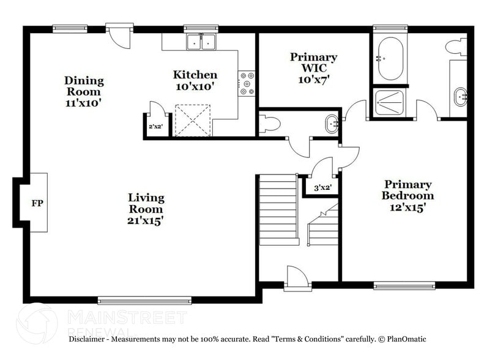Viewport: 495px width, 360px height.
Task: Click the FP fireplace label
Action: coord(37,203)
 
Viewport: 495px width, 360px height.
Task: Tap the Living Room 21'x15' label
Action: coord(146,208)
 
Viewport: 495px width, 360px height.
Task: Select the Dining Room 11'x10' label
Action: coord(84,92)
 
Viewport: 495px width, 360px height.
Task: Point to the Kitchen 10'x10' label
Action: coord(195,80)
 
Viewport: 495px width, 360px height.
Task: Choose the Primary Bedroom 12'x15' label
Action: coord(408,195)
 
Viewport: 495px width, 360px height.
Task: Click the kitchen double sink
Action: coord(202,43)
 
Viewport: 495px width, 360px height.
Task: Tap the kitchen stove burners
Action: coord(247,84)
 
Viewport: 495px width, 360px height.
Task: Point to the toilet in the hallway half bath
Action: coord(269,124)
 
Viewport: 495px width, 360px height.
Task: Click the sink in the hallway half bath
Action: coord(333,124)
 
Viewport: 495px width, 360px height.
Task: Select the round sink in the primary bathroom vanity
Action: coord(461,96)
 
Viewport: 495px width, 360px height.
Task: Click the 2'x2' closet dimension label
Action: coord(155,127)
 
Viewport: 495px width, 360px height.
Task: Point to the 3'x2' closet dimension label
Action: coord(322,187)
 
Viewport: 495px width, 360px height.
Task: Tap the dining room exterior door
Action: coord(118,36)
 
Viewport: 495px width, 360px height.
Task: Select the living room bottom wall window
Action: coord(144,300)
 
